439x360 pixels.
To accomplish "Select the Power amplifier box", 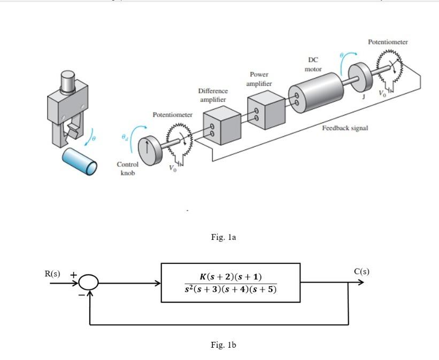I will pyautogui.click(x=266, y=109).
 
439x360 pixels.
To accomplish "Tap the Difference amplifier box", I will pyautogui.click(x=221, y=126).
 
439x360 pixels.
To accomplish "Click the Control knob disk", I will pyautogui.click(x=149, y=147).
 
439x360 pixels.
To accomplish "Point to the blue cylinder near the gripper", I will pyautogui.click(x=80, y=161).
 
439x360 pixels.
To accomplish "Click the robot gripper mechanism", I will pyautogui.click(x=68, y=109).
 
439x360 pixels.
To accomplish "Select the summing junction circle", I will pyautogui.click(x=89, y=283).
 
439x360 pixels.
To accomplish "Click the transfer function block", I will pyautogui.click(x=230, y=283).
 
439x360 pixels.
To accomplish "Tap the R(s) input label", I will pyautogui.click(x=52, y=273).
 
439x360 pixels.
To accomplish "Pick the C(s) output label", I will pyautogui.click(x=361, y=271).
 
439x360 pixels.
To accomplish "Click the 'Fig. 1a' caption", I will pyautogui.click(x=223, y=237).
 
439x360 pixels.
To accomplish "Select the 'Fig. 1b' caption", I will pyautogui.click(x=223, y=345).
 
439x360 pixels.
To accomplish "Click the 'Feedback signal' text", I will pyautogui.click(x=345, y=128).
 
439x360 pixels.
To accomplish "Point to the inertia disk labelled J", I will pyautogui.click(x=359, y=77).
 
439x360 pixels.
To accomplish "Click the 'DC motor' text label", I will pyautogui.click(x=313, y=65).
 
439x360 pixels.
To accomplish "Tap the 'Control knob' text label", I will pyautogui.click(x=128, y=169).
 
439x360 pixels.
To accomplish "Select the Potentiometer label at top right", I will pyautogui.click(x=388, y=42).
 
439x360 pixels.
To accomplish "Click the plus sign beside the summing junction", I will pyautogui.click(x=74, y=274).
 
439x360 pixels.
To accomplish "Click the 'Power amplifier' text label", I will pyautogui.click(x=259, y=79).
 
